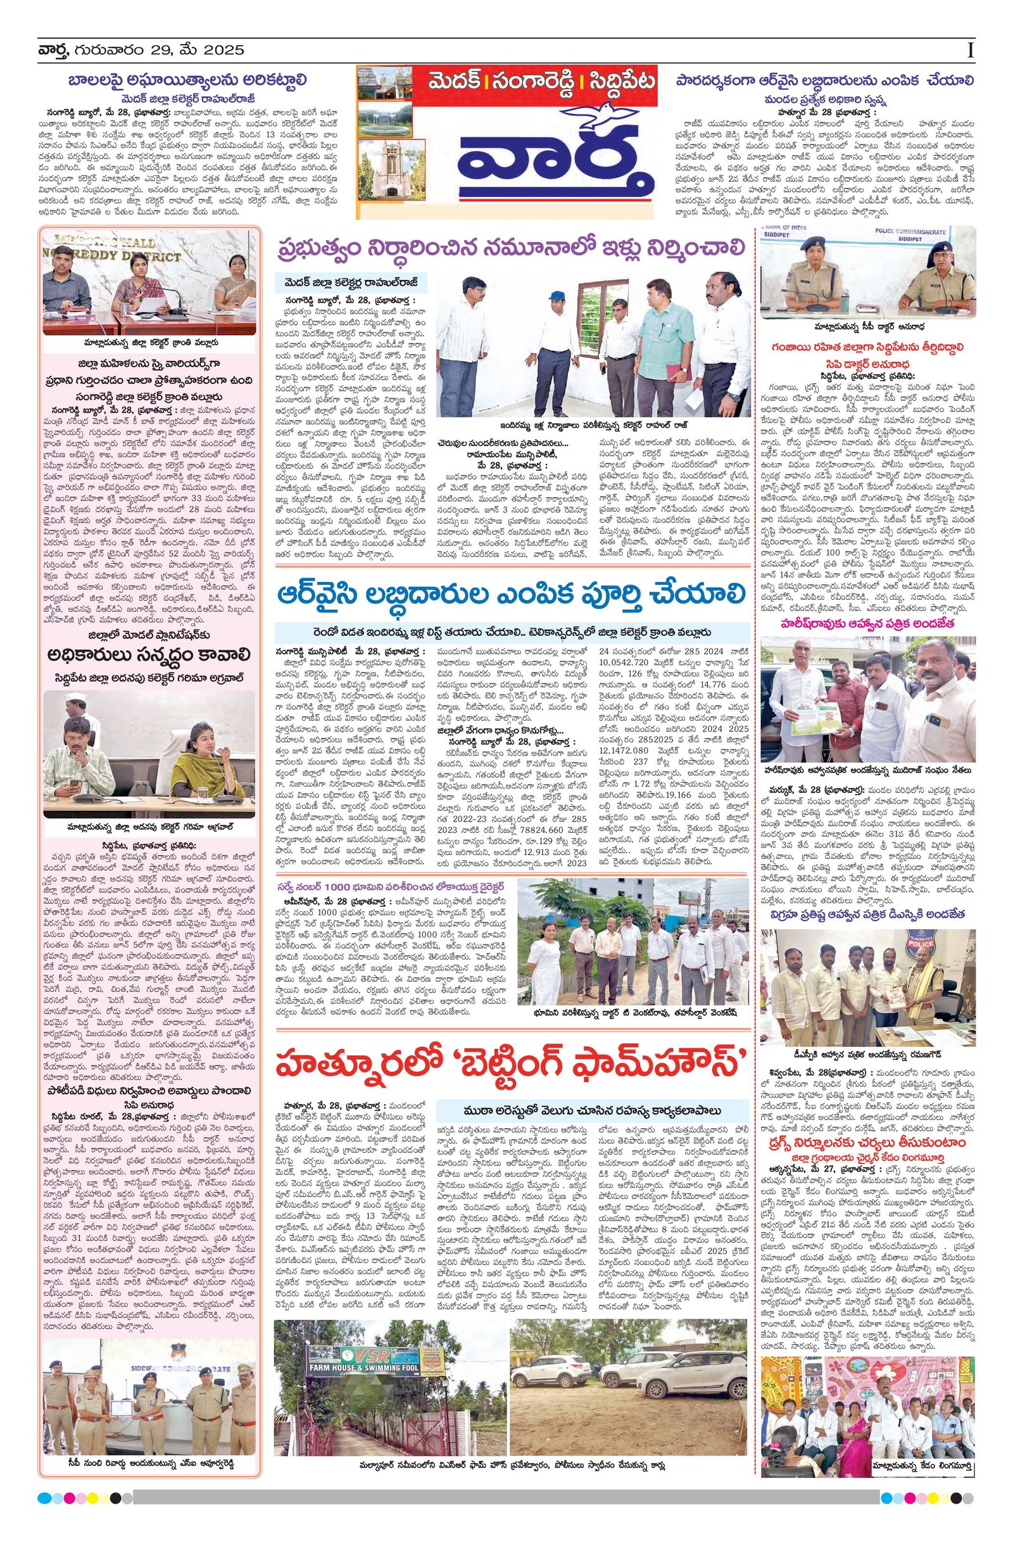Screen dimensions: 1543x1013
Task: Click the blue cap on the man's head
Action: (556, 295)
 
